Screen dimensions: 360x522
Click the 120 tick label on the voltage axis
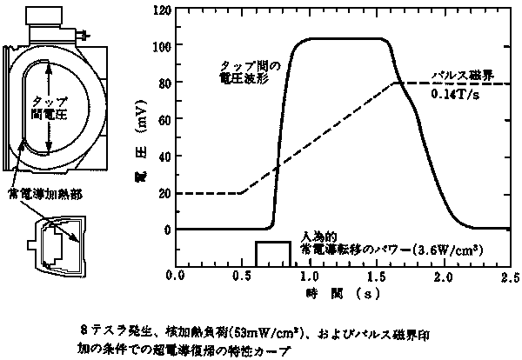pos(162,11)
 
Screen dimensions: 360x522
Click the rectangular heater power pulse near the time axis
pos(272,252)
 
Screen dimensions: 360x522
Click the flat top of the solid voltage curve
pos(348,39)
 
